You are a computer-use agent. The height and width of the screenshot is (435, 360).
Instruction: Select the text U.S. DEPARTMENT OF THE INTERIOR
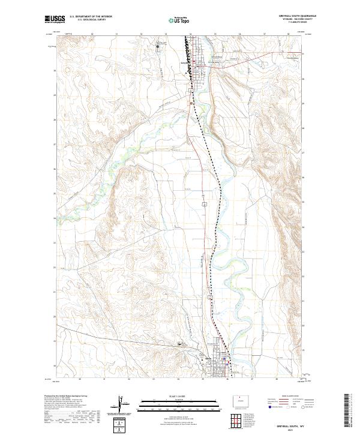[90, 17]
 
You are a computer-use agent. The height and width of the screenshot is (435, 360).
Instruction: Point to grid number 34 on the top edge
[165, 35]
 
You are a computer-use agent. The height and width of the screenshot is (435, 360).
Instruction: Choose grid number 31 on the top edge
[91, 35]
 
